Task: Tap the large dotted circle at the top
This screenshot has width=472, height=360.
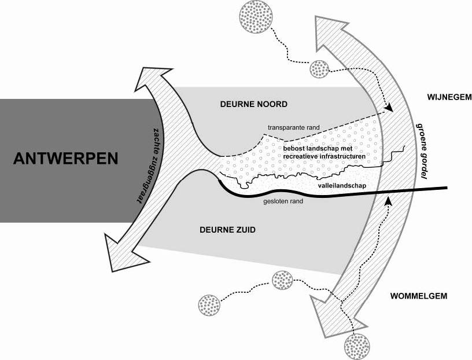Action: coord(256,16)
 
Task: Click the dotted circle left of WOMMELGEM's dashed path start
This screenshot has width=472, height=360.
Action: coord(210,306)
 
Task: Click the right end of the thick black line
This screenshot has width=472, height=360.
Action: coord(447,188)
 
